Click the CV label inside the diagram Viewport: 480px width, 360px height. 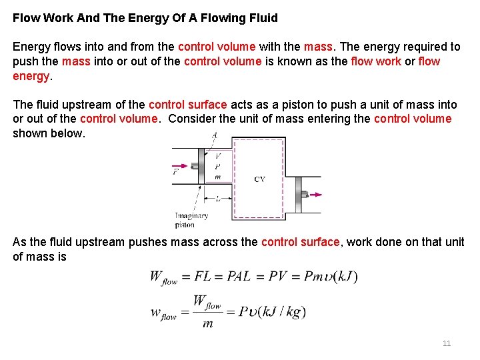tap(260, 179)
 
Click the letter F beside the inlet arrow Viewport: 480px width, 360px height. tap(175, 172)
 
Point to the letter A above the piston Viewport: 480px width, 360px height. tap(214, 135)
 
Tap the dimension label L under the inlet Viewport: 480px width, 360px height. tap(217, 198)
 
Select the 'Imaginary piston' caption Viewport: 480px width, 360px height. tap(191, 220)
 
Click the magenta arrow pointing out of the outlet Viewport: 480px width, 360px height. tap(314, 195)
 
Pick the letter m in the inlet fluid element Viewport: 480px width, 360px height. tap(217, 177)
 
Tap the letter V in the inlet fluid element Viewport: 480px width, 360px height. tap(217, 155)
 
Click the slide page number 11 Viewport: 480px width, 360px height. tap(447, 343)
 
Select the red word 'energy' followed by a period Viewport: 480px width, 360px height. tap(31, 76)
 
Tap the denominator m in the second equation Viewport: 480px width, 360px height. tap(208, 323)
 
